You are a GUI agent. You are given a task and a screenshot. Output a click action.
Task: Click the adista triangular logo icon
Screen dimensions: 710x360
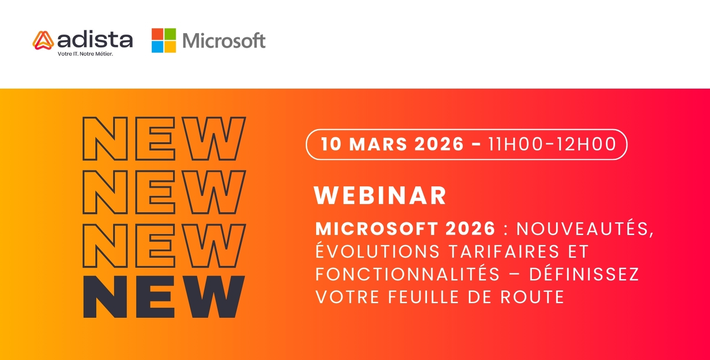[x=43, y=40]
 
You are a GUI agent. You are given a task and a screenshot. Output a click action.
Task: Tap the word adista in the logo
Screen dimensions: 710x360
[x=95, y=40]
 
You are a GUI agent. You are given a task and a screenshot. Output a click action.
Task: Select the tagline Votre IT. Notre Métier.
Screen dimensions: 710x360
[x=85, y=54]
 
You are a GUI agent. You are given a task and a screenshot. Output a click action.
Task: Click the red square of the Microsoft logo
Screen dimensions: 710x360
[x=157, y=34]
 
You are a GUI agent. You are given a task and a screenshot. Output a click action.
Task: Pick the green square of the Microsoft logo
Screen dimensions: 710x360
[x=170, y=34]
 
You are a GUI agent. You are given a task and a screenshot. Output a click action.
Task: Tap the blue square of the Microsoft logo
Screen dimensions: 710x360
[x=157, y=47]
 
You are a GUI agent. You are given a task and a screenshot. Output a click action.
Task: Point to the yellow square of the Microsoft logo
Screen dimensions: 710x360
[x=170, y=47]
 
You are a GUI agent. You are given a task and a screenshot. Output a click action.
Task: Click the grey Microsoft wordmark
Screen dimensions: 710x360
[x=224, y=40]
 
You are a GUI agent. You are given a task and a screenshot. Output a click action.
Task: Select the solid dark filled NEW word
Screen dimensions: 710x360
[x=164, y=296]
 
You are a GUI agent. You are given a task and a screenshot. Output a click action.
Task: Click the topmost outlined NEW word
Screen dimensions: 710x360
[x=164, y=139]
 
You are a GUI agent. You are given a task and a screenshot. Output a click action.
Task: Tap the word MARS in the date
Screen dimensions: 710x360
[x=378, y=144]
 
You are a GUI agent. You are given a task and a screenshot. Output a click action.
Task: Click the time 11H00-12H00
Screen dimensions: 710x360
[x=552, y=144]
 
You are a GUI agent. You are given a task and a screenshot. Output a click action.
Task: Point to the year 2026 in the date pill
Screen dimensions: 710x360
[x=439, y=144]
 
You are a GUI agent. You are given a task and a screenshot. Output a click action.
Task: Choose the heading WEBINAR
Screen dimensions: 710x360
[x=380, y=195]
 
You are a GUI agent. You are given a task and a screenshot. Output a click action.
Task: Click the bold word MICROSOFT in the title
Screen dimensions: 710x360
[x=377, y=229]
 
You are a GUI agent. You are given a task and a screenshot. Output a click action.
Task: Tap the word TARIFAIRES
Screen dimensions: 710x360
[x=504, y=251]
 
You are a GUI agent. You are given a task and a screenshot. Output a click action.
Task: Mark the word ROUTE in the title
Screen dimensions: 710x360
[x=532, y=297]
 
